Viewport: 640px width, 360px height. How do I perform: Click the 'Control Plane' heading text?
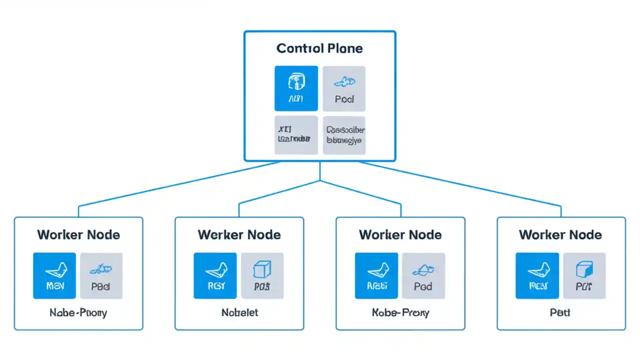point(319,48)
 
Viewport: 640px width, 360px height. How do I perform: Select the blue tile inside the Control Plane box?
point(296,88)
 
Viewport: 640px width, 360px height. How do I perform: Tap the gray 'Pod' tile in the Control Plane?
point(344,88)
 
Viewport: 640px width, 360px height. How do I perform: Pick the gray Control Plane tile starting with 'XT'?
point(296,135)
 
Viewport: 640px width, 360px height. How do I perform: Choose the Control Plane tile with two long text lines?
point(344,135)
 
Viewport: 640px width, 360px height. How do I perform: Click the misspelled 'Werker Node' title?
point(239,234)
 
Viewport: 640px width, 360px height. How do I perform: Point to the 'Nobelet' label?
point(239,312)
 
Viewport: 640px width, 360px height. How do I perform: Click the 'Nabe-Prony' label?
point(78,312)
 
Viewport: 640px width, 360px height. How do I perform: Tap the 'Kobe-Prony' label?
point(400,312)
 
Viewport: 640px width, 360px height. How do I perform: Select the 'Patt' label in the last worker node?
point(560,312)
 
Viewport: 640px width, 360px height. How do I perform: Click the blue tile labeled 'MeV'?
point(54,275)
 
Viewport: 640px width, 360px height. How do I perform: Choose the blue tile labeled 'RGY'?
point(215,275)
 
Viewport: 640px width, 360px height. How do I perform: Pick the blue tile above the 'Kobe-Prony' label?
point(376,275)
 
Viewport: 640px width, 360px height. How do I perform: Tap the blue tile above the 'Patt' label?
point(537,275)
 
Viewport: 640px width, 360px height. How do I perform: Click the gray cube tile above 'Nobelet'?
point(262,275)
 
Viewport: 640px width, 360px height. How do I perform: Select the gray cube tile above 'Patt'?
point(584,275)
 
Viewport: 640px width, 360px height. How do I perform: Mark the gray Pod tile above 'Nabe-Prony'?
point(101,275)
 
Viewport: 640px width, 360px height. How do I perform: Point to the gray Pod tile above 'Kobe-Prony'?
point(423,275)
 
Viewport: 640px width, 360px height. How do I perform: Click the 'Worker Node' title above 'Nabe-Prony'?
point(78,234)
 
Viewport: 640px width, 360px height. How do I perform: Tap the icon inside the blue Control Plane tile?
point(296,81)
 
